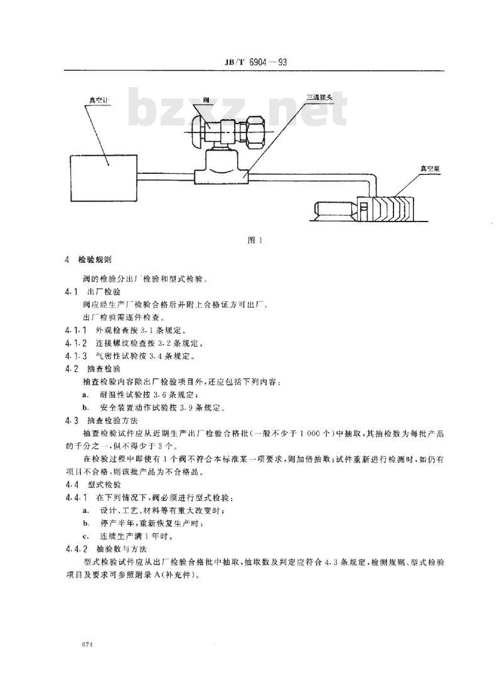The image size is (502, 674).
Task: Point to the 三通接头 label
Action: tap(319, 97)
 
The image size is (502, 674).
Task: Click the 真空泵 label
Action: tap(430, 169)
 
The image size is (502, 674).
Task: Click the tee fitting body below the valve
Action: tap(223, 172)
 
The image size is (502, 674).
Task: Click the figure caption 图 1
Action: tap(254, 240)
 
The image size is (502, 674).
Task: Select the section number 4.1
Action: tap(70, 292)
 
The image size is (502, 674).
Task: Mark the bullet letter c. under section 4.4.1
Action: tap(85, 536)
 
